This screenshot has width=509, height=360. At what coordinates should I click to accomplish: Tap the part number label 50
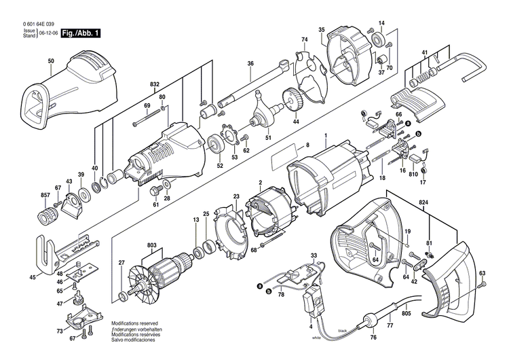pos(50,62)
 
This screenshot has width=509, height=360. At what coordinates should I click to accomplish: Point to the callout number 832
pos(155,84)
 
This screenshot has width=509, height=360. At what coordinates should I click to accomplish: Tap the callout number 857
pos(45,196)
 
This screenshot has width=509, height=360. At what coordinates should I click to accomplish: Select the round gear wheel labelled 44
pos(293,104)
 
